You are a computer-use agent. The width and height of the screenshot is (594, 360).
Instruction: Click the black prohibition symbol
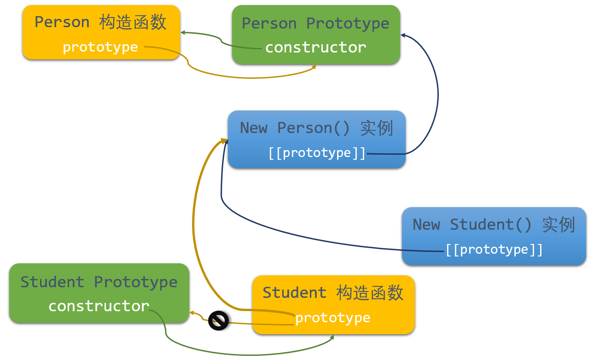[x=218, y=320]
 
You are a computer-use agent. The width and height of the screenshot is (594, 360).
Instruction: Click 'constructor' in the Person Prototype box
[x=315, y=47]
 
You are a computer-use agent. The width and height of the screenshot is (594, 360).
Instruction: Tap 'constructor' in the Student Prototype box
[x=99, y=306]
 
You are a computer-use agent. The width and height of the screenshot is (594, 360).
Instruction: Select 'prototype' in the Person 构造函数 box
[x=100, y=47]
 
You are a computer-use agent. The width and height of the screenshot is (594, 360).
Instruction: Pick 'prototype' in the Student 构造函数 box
[x=332, y=318]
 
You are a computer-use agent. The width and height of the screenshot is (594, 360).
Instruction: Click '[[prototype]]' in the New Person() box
[x=317, y=153]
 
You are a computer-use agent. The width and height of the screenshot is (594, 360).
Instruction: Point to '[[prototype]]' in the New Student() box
[x=494, y=250]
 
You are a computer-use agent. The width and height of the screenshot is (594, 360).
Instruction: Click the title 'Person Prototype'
[x=315, y=23]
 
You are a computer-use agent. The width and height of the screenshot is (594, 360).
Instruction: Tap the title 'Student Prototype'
[x=99, y=282]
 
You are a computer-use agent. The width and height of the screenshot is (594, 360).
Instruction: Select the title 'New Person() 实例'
[x=317, y=128]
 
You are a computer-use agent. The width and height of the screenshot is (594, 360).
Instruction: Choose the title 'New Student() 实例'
[x=494, y=225]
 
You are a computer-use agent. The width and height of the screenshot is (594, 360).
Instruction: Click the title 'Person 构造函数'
[x=100, y=23]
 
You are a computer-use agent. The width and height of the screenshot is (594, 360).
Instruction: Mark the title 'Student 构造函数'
[x=333, y=293]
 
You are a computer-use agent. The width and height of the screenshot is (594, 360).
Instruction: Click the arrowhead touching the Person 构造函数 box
[x=183, y=33]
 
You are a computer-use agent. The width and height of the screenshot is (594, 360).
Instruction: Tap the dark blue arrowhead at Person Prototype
[x=403, y=35]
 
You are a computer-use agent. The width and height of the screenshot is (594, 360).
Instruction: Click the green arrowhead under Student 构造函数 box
[x=332, y=337]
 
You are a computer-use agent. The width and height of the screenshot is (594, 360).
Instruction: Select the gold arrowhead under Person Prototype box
[x=314, y=67]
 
